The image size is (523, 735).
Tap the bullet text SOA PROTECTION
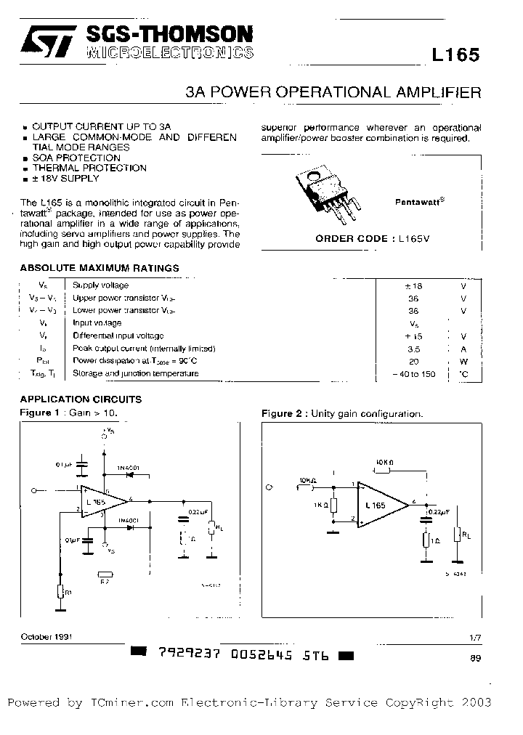coord(76,158)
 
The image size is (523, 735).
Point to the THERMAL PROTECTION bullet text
coord(89,168)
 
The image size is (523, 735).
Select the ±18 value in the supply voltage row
coord(413,286)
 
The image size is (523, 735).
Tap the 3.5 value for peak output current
coord(413,349)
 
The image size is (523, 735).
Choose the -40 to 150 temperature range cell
coord(413,374)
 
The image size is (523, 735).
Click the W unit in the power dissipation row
coord(463,361)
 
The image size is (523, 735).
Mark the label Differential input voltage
coord(118,336)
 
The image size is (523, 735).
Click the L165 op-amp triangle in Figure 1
coord(102,501)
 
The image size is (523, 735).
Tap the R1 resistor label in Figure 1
coord(69,593)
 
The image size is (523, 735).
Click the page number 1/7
coord(475,637)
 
